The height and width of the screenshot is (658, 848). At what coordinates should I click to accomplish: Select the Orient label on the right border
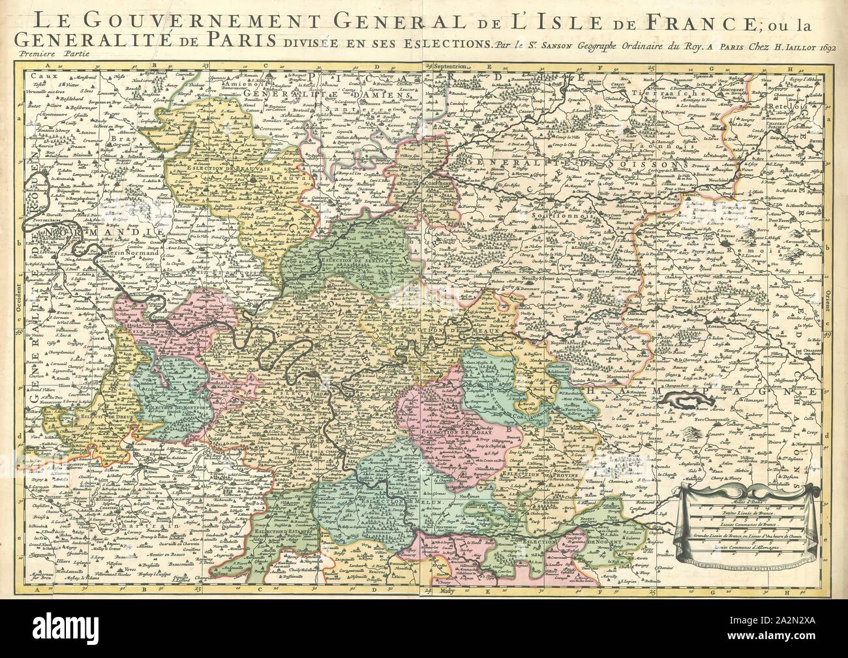(826, 297)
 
